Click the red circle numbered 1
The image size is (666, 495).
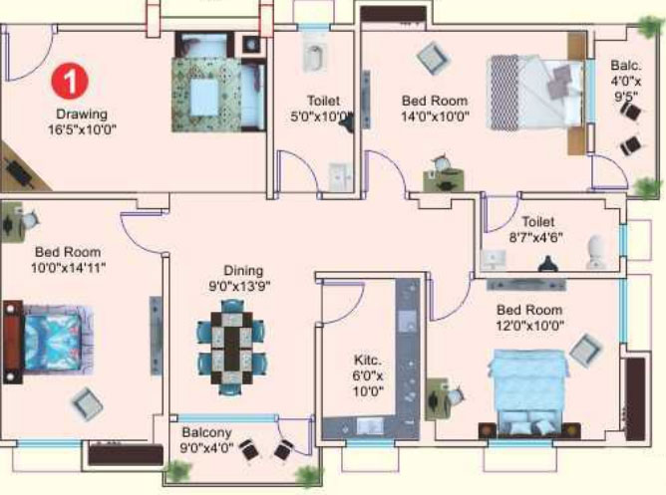tap(70, 82)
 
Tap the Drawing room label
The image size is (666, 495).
tap(82, 114)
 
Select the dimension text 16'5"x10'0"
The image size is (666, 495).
tap(82, 129)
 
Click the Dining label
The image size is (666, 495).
tap(243, 271)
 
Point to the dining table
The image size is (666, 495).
tap(232, 348)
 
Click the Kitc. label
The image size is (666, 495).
tap(368, 361)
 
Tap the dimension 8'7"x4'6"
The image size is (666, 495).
tap(536, 237)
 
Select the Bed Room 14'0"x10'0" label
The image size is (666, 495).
tap(435, 109)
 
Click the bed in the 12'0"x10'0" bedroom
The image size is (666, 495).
tap(527, 393)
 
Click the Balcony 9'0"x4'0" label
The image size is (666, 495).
tap(206, 440)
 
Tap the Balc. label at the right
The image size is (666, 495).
tap(626, 66)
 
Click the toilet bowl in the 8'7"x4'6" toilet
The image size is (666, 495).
tap(597, 252)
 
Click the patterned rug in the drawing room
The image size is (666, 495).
tap(207, 95)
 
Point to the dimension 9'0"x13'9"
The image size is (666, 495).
tap(239, 287)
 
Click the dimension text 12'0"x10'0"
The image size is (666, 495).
tap(530, 326)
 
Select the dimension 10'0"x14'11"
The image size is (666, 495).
tap(68, 268)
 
